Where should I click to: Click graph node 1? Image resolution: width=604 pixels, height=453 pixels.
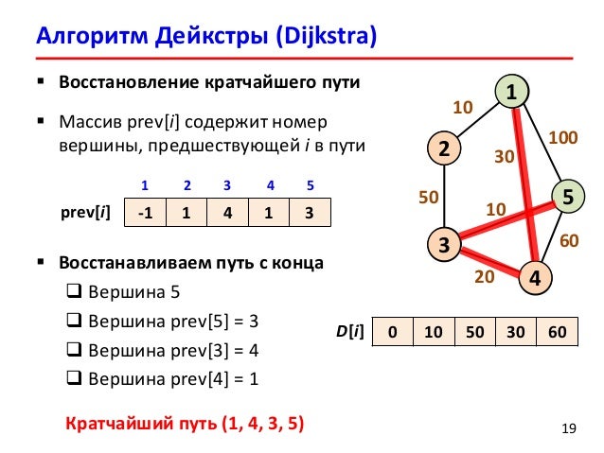pos(511,93)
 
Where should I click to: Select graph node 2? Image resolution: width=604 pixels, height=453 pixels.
pos(442,148)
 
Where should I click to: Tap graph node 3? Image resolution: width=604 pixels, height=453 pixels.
pos(442,244)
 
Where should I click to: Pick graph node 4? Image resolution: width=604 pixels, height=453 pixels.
pos(536,278)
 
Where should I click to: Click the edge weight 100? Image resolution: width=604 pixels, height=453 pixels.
pos(564,138)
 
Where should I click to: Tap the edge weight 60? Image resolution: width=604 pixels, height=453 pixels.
pos(569,241)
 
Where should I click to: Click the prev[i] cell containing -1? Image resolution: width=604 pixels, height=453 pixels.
pos(145,213)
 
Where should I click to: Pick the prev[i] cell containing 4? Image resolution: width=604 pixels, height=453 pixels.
pos(227,213)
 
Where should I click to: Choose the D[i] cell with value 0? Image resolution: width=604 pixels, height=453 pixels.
pos(392,334)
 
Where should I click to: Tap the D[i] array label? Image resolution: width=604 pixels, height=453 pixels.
pos(349,334)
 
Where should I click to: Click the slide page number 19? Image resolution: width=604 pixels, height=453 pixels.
pos(568,432)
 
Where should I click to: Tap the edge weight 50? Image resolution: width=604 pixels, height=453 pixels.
pos(429,198)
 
